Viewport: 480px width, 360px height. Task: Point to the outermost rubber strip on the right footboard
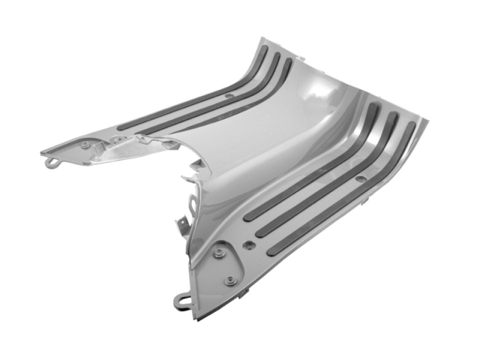[350, 205]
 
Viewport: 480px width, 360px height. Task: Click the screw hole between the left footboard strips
[228, 95]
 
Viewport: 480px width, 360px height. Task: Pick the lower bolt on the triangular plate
[229, 280]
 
